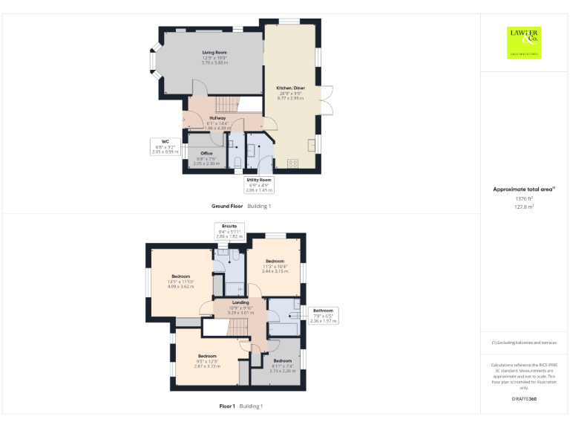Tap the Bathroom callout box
coord(324,315)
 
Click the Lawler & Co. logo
coord(524,42)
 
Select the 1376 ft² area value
coord(524,199)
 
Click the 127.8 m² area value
coord(524,207)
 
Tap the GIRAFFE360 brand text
coord(524,399)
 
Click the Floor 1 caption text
coord(226,406)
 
